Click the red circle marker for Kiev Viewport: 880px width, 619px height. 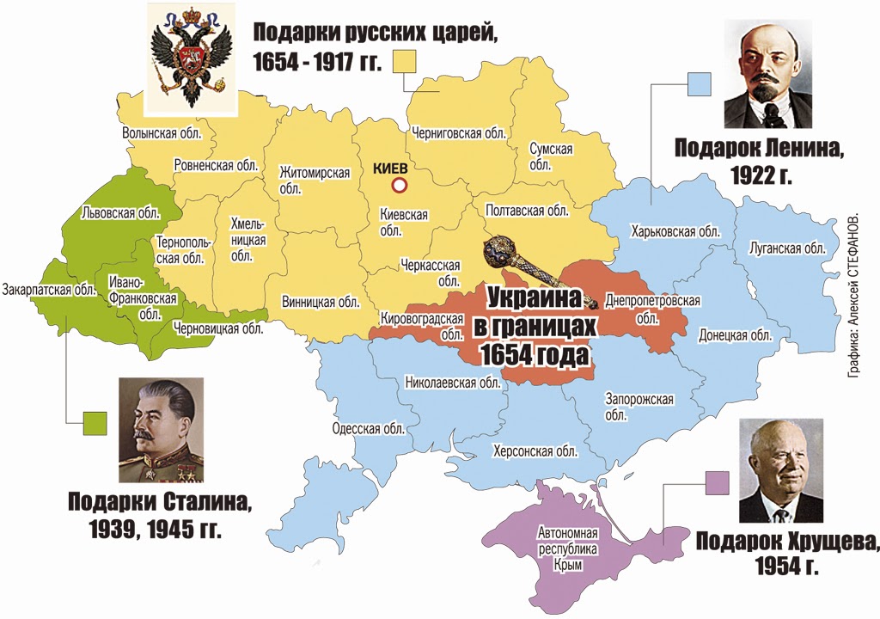(x=398, y=186)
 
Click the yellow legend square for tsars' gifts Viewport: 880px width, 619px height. (x=405, y=62)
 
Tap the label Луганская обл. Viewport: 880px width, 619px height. (x=786, y=248)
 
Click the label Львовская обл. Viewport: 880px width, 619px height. (x=120, y=211)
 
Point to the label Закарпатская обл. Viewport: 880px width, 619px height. (x=49, y=289)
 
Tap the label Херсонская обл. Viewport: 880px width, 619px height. (x=535, y=450)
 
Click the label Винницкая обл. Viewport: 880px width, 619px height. (x=320, y=302)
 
